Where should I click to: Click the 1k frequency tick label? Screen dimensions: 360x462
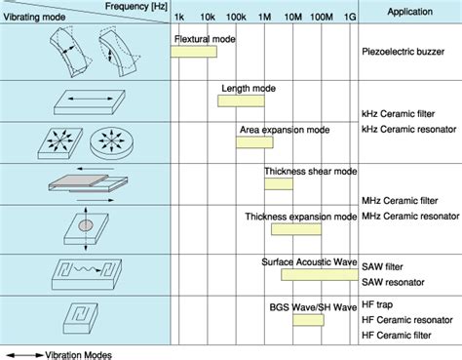[180, 19]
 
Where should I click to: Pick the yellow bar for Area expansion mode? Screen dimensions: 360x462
[253, 140]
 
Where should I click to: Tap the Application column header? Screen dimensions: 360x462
[411, 12]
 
